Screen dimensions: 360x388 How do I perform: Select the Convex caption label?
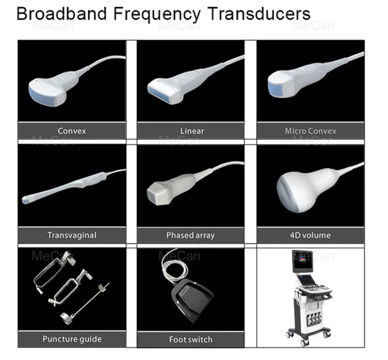72,131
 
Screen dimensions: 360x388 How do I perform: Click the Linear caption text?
192,131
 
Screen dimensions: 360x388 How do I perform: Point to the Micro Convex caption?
310,131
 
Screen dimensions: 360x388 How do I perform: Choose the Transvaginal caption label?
72,235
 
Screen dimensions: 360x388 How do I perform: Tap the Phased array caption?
190,236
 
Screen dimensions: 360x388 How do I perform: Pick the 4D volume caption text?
310,235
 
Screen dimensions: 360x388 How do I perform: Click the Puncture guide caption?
72,339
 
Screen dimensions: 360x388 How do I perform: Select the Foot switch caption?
191,339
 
